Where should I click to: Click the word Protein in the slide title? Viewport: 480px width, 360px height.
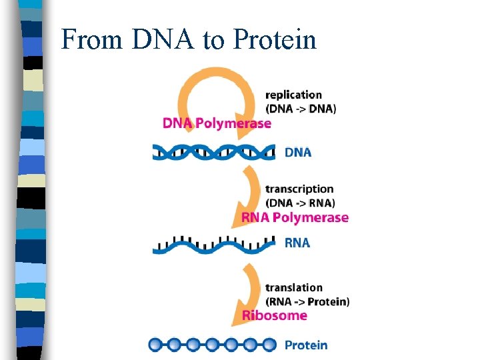click(x=275, y=40)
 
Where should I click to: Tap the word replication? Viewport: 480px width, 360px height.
click(x=293, y=95)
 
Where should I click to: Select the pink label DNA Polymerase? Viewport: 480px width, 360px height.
click(x=217, y=123)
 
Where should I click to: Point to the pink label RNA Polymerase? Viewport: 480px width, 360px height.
click(x=295, y=217)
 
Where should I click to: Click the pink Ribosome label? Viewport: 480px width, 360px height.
click(x=274, y=315)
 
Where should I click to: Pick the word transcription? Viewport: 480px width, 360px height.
click(x=299, y=189)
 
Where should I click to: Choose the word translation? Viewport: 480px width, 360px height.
click(x=294, y=287)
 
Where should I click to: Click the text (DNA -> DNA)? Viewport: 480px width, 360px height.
click(x=301, y=108)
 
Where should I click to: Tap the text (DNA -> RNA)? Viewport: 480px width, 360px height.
click(x=300, y=203)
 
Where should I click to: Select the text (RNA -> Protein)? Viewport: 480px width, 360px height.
click(x=307, y=301)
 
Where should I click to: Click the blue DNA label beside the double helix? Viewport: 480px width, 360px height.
click(x=298, y=152)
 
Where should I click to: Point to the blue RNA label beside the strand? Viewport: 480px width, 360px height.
click(x=297, y=243)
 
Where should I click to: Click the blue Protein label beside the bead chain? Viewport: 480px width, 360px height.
click(x=306, y=345)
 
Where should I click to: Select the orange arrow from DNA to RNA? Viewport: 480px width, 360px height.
click(x=251, y=193)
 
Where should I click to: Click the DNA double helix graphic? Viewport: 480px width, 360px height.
click(x=213, y=151)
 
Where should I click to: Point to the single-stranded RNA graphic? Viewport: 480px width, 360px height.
click(x=213, y=244)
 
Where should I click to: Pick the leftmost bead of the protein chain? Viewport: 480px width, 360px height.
click(x=155, y=345)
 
